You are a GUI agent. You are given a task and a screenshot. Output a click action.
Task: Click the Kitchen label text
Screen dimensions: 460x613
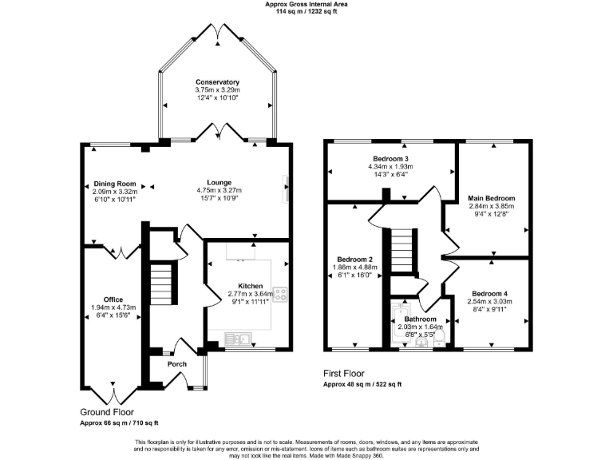point(251,285)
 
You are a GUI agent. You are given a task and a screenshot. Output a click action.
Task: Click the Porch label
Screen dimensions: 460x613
point(176,364)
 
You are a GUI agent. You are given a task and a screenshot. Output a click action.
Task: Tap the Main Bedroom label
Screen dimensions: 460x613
point(492,198)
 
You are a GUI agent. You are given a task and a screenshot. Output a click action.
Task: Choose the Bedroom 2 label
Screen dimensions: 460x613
point(355,260)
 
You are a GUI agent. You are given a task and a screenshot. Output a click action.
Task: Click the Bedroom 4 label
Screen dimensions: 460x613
point(488,292)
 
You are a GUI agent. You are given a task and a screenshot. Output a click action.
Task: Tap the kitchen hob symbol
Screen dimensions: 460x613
point(280,293)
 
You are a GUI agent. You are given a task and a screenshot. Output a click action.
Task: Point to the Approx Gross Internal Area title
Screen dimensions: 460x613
point(306,4)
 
